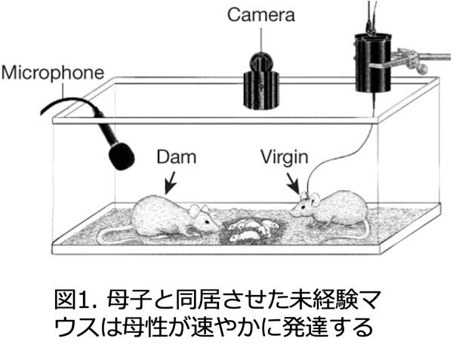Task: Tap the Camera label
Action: point(260,14)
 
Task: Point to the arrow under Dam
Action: point(171,182)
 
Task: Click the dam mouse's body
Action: point(162,217)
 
